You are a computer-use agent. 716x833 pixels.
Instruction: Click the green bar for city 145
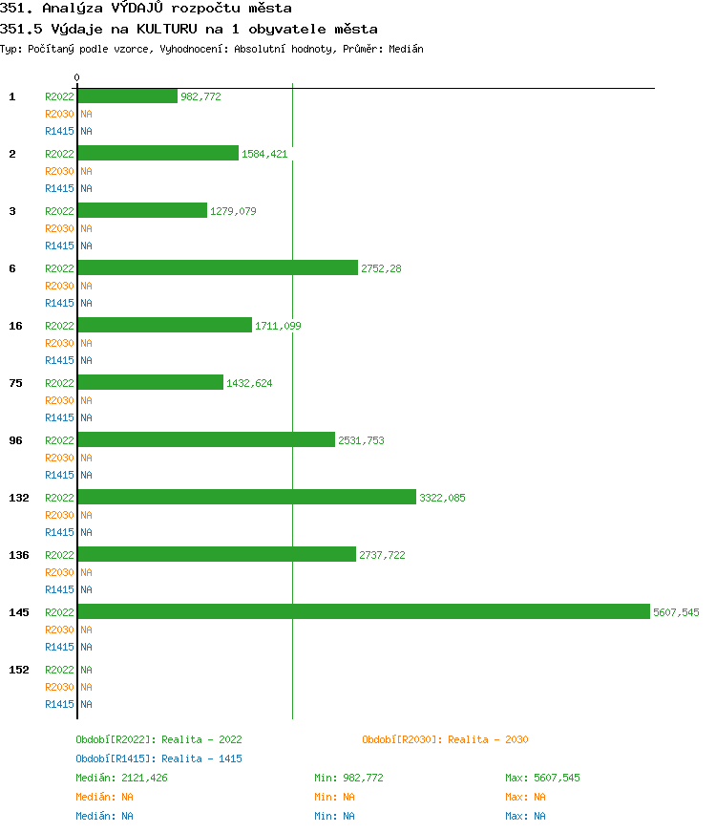point(363,611)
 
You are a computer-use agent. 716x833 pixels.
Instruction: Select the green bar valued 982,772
point(127,96)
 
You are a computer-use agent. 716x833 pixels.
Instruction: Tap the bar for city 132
point(246,497)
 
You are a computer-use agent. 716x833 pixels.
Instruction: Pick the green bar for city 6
point(218,267)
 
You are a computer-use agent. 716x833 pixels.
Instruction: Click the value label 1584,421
point(264,154)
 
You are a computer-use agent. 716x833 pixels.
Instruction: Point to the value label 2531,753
point(361,440)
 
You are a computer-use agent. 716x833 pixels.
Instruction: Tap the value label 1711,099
point(278,326)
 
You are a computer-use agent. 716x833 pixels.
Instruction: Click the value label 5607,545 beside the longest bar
point(676,612)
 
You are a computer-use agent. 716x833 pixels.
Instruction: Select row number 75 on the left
point(15,383)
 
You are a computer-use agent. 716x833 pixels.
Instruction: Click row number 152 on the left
point(19,670)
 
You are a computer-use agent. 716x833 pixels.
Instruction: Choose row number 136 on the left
point(19,555)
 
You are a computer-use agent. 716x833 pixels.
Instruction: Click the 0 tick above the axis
point(77,77)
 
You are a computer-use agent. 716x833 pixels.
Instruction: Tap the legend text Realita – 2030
point(488,739)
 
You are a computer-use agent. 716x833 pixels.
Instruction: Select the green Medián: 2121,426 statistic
point(121,778)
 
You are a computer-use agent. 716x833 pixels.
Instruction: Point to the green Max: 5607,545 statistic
point(542,778)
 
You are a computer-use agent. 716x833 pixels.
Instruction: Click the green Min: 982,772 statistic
point(348,778)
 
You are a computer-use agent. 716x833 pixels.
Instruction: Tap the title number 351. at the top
point(18,9)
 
